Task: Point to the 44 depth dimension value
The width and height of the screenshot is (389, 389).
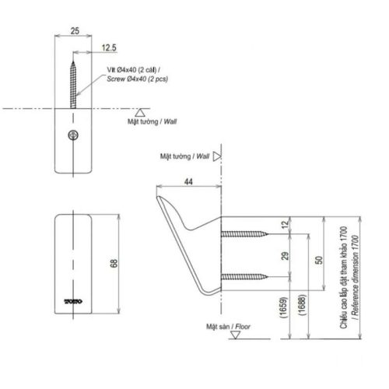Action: [x=190, y=182]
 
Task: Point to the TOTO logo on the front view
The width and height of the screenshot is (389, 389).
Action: [x=74, y=298]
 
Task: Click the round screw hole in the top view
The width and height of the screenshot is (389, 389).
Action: [x=74, y=135]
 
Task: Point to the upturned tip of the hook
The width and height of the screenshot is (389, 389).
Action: [x=160, y=203]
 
